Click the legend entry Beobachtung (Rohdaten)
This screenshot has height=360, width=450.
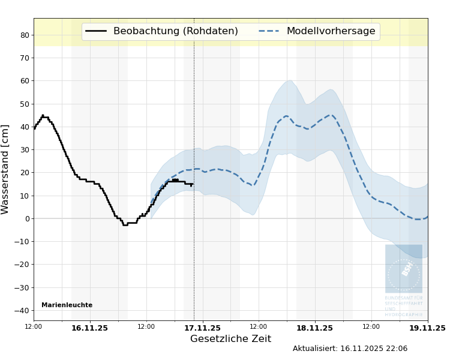pyautogui.click(x=175, y=31)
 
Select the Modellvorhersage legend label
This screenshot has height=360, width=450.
pyautogui.click(x=331, y=31)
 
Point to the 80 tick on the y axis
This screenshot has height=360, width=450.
pyautogui.click(x=24, y=35)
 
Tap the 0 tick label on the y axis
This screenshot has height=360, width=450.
pyautogui.click(x=26, y=219)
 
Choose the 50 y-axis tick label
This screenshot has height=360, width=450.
pyautogui.click(x=24, y=104)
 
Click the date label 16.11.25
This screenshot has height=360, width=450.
pyautogui.click(x=89, y=328)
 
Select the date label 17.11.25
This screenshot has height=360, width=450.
pyautogui.click(x=202, y=328)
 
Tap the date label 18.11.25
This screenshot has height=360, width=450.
pyautogui.click(x=314, y=328)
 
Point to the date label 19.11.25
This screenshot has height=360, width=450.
pyautogui.click(x=427, y=328)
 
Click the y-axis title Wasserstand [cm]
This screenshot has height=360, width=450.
pyautogui.click(x=5, y=169)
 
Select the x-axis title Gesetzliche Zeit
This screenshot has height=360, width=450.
pyautogui.click(x=230, y=339)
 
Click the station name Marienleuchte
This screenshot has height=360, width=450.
pyautogui.click(x=67, y=305)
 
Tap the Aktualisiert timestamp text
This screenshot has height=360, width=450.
pyautogui.click(x=350, y=349)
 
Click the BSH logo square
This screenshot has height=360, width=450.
pyautogui.click(x=403, y=268)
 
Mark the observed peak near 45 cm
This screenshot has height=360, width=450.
pyautogui.click(x=43, y=115)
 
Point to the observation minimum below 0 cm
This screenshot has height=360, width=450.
pyautogui.click(x=125, y=225)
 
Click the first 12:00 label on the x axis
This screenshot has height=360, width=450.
pyautogui.click(x=34, y=327)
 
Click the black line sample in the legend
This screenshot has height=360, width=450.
pyautogui.click(x=96, y=31)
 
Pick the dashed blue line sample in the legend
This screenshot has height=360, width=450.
pyautogui.click(x=269, y=31)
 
